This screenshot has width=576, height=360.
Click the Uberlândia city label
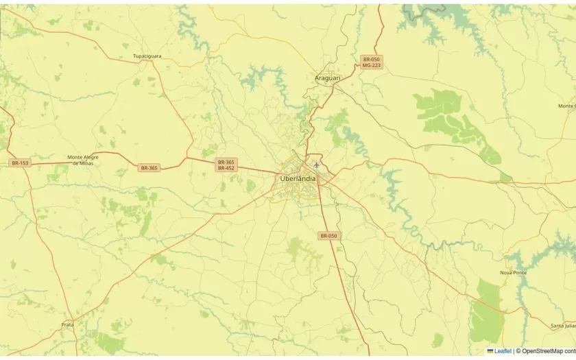coord(298,179)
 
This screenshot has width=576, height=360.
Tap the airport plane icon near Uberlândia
coord(316,165)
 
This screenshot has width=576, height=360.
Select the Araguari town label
coord(327,78)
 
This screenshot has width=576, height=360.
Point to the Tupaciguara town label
coord(147,56)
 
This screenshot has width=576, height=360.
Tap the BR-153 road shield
coord(20,163)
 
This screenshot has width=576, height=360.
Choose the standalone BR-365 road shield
coord(149,168)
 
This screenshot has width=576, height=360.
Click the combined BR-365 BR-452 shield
coord(226,165)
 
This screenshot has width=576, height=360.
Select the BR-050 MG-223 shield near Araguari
coord(371,62)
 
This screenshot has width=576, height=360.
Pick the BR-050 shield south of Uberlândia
coord(328,236)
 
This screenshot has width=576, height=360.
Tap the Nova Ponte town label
coord(514,273)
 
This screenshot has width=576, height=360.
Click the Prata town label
coord(67,324)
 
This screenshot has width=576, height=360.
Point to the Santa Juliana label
coord(564,326)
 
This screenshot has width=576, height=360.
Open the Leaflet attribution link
coord(503,351)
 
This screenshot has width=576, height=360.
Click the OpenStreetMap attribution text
coord(547,351)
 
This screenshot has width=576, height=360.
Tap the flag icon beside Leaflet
coord(490,351)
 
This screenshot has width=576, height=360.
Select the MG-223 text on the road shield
coord(371,66)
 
